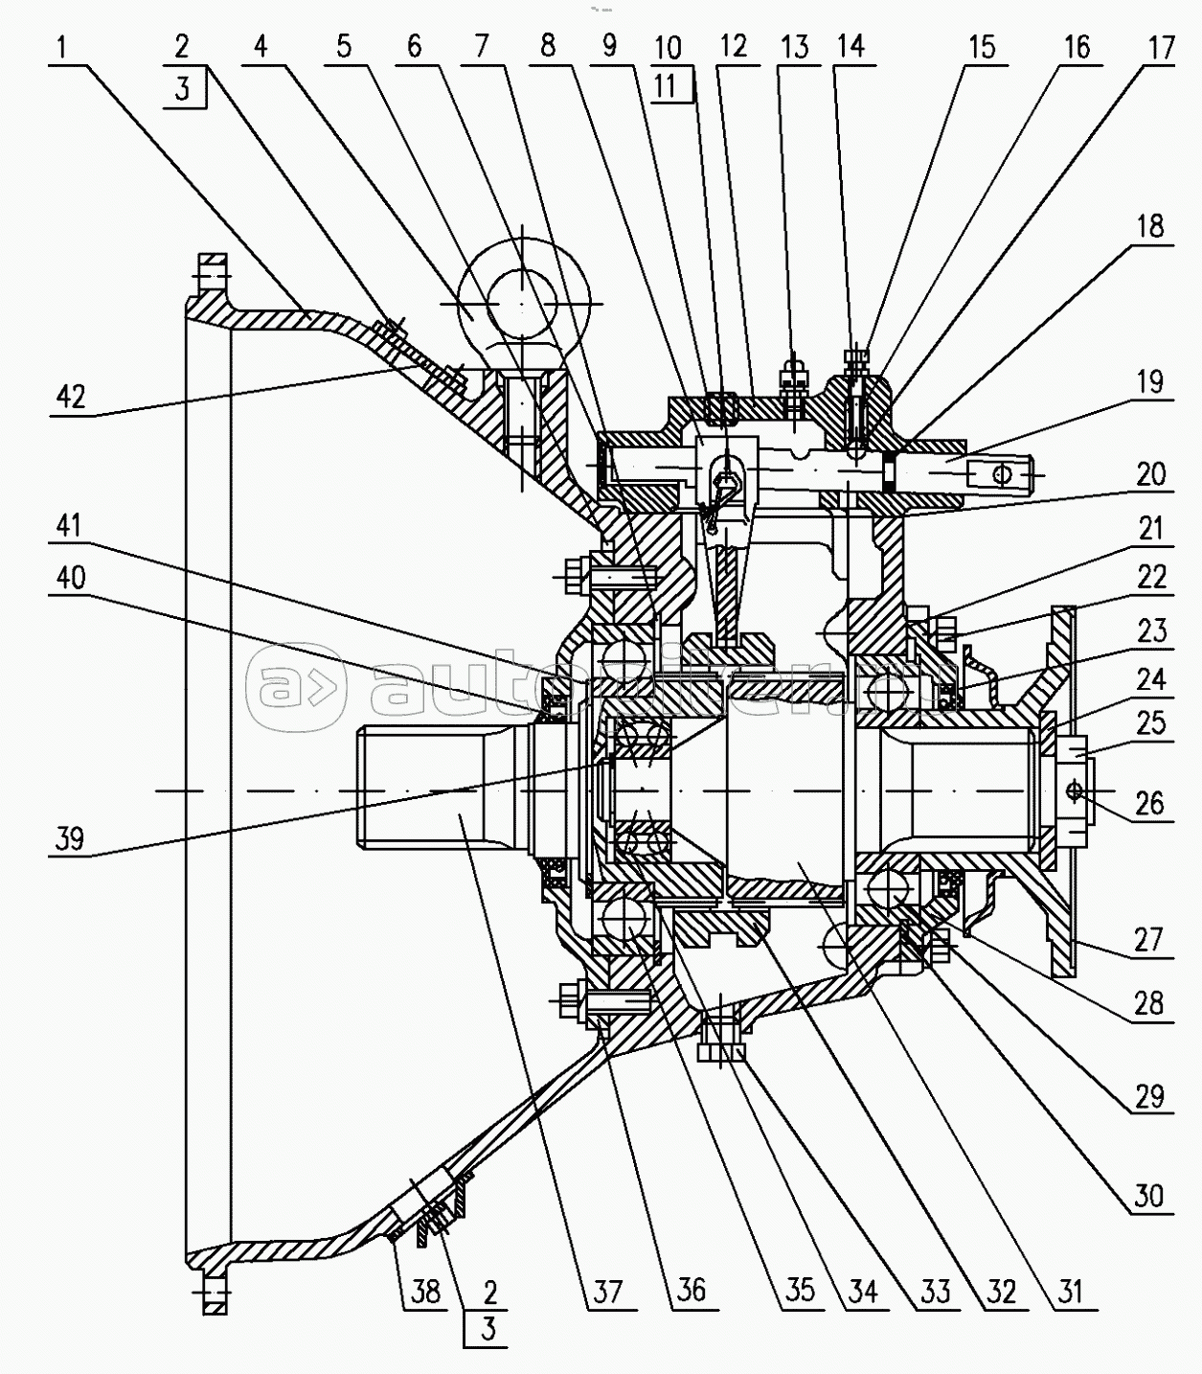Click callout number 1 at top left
tap(62, 47)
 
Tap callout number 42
tap(72, 397)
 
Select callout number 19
tap(1150, 382)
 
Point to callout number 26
tap(1150, 803)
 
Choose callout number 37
tap(608, 1292)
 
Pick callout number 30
tap(1149, 1196)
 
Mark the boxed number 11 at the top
tap(667, 85)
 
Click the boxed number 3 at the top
tap(183, 89)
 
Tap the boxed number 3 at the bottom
tap(488, 1330)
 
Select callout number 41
tap(70, 525)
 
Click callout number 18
tap(1150, 226)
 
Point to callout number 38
tap(425, 1292)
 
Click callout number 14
tap(850, 47)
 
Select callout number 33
tap(936, 1292)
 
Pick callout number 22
tap(1150, 577)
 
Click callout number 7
tap(481, 47)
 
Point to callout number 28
tap(1149, 1003)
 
